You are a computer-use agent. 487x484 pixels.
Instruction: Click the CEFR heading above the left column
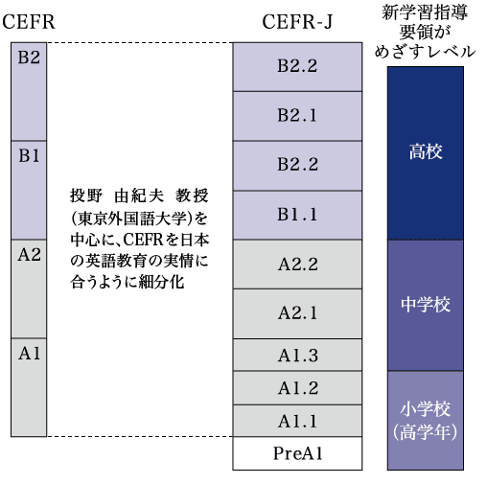pyautogui.click(x=29, y=22)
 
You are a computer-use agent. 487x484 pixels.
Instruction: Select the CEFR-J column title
pyautogui.click(x=297, y=22)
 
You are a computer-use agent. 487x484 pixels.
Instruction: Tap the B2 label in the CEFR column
pyautogui.click(x=29, y=58)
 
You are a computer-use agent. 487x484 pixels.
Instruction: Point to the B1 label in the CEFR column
pyautogui.click(x=29, y=156)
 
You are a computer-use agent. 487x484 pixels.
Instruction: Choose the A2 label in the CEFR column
pyautogui.click(x=29, y=255)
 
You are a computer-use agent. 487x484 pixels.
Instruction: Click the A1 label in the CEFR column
pyautogui.click(x=29, y=354)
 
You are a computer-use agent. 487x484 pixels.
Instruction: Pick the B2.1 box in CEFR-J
pyautogui.click(x=297, y=116)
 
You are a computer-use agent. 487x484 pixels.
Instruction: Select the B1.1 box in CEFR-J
pyautogui.click(x=297, y=215)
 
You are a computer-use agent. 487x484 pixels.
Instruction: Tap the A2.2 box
pyautogui.click(x=297, y=265)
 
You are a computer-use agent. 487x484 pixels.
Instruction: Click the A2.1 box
pyautogui.click(x=297, y=313)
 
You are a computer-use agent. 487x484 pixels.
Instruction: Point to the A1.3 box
pyautogui.click(x=297, y=355)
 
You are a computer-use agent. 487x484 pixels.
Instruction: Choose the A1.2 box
pyautogui.click(x=297, y=388)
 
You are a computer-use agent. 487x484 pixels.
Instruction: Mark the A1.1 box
pyautogui.click(x=297, y=421)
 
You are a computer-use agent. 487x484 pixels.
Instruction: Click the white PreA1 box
pyautogui.click(x=297, y=453)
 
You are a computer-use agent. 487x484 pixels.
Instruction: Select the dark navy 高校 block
pyautogui.click(x=426, y=153)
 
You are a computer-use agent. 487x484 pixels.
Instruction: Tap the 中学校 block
pyautogui.click(x=426, y=306)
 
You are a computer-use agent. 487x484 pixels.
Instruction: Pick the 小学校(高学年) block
pyautogui.click(x=426, y=421)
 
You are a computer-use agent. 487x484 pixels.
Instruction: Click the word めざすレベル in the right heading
pyautogui.click(x=425, y=52)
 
